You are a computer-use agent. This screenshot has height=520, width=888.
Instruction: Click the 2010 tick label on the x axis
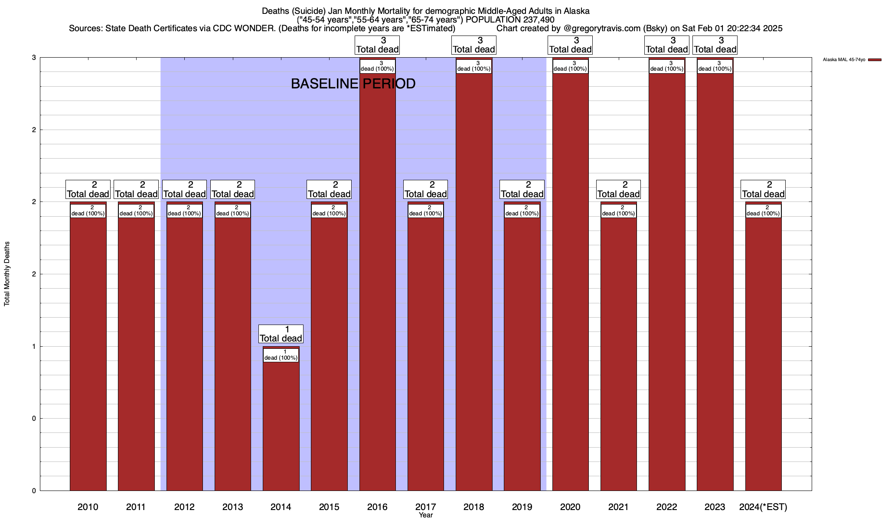(x=88, y=507)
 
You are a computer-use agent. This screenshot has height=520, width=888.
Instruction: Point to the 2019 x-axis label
(x=522, y=507)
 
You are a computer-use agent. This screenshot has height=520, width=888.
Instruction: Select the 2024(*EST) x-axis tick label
(x=763, y=507)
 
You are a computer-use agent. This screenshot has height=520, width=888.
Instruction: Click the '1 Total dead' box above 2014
(x=281, y=334)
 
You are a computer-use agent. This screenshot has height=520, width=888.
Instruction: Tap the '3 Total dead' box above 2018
(x=474, y=45)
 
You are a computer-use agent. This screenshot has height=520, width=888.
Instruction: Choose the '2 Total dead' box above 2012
(x=184, y=189)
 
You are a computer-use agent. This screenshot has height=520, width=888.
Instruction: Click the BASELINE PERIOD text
(x=353, y=84)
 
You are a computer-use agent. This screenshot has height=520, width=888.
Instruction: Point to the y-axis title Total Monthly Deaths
(x=7, y=274)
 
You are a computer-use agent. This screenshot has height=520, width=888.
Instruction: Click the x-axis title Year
(x=426, y=515)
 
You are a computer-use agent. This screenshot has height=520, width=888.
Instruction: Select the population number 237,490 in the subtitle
(x=538, y=19)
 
